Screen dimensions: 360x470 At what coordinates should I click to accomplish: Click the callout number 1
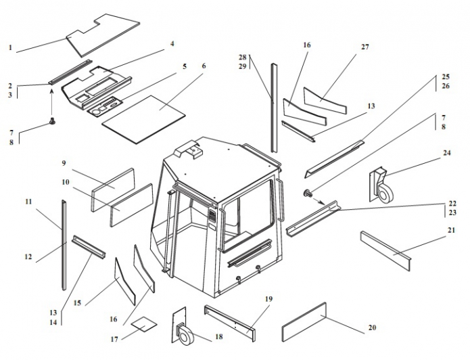click(10, 47)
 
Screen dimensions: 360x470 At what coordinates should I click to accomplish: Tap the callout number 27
click(365, 47)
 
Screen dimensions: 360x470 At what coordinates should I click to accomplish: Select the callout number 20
click(371, 328)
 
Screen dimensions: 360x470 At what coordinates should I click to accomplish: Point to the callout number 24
click(446, 153)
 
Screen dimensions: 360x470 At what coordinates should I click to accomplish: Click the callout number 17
click(114, 338)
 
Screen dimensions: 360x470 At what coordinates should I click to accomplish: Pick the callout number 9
click(63, 163)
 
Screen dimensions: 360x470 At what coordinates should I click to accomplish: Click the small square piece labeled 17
click(143, 324)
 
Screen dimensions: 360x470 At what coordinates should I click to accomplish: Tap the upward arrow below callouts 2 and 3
click(52, 102)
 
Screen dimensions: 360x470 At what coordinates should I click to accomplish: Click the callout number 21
click(451, 230)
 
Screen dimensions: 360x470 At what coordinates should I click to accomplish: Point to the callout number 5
click(185, 67)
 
